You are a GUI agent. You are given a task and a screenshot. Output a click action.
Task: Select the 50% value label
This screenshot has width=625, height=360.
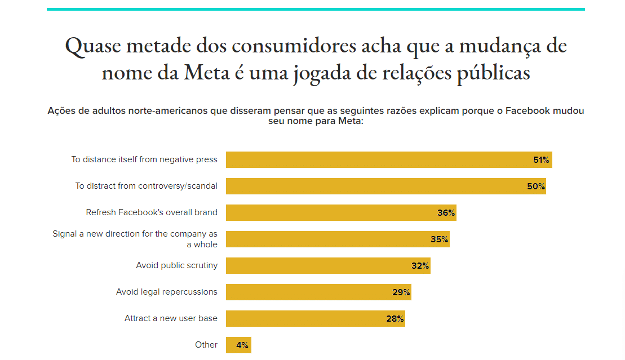(536, 186)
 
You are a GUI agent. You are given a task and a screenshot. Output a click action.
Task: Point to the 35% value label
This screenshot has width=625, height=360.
(440, 239)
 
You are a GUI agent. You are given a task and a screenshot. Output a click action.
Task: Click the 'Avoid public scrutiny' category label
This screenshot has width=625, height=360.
(176, 265)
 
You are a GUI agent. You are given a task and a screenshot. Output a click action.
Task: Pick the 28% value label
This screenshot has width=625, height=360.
(395, 319)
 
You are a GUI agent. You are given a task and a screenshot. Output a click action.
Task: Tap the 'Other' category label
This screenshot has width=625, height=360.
(206, 345)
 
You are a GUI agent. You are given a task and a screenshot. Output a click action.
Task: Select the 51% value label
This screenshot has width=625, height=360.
(541, 160)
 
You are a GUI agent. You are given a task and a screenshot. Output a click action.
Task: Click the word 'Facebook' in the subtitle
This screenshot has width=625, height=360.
(527, 110)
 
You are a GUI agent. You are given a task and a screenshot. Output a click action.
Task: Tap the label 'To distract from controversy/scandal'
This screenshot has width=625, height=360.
(147, 186)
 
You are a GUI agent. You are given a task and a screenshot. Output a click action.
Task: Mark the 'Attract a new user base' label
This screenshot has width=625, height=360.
(171, 318)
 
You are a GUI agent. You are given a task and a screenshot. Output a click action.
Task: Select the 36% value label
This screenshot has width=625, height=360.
(446, 213)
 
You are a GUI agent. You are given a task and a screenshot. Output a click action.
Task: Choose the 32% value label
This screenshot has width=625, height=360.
(420, 266)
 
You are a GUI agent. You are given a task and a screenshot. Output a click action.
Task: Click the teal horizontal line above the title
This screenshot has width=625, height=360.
(316, 9)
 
